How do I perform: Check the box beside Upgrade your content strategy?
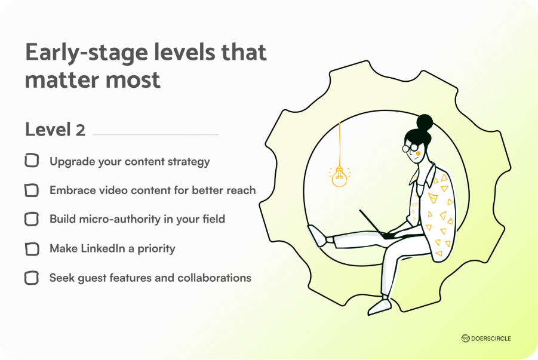point(31,161)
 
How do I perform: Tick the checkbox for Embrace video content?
point(31,190)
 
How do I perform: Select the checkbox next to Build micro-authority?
point(31,219)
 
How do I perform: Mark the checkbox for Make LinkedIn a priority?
point(31,248)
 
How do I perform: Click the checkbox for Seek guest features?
point(31,278)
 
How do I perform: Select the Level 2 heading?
point(55,130)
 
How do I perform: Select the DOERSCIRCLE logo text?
point(490,339)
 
